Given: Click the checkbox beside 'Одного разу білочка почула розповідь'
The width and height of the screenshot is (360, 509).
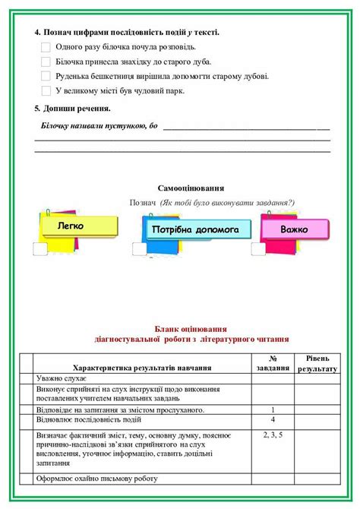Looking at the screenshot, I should (x=46, y=47).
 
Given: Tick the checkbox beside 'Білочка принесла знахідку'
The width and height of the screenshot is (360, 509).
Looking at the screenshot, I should (x=46, y=62).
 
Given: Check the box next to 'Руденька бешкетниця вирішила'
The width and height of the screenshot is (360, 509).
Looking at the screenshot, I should (x=46, y=76).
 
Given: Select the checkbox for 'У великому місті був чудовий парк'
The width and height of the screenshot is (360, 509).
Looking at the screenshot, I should (x=46, y=90).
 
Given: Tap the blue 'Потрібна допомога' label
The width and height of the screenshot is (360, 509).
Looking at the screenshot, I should (x=195, y=229).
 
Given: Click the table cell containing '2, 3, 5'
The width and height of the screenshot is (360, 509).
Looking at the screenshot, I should (x=273, y=435).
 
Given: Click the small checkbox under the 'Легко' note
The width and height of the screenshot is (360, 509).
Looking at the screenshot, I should (x=39, y=248).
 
